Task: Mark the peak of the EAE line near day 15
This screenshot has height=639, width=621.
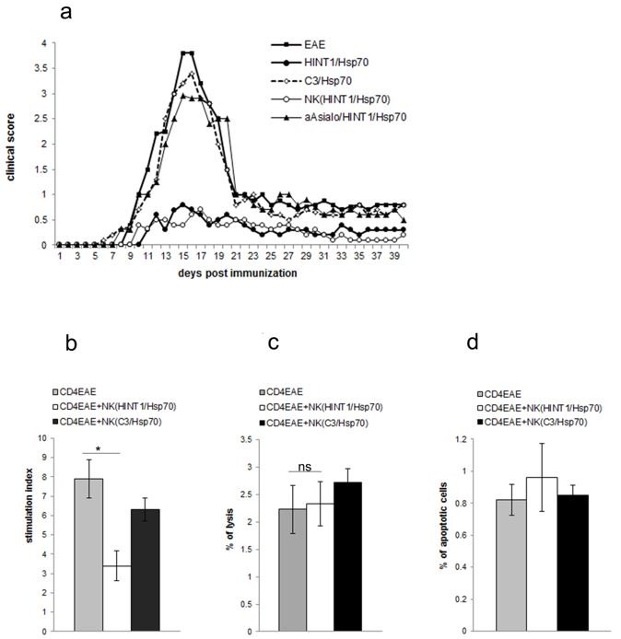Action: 187,52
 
